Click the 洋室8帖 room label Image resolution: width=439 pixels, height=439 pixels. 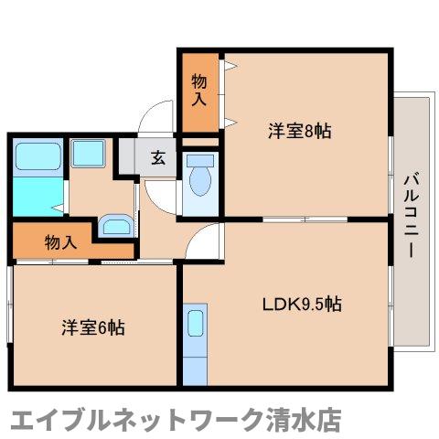click(x=299, y=131)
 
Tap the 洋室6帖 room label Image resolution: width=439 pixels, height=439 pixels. click(x=93, y=327)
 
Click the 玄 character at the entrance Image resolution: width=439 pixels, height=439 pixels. click(x=158, y=156)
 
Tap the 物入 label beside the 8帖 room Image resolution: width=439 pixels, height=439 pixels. click(x=198, y=91)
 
